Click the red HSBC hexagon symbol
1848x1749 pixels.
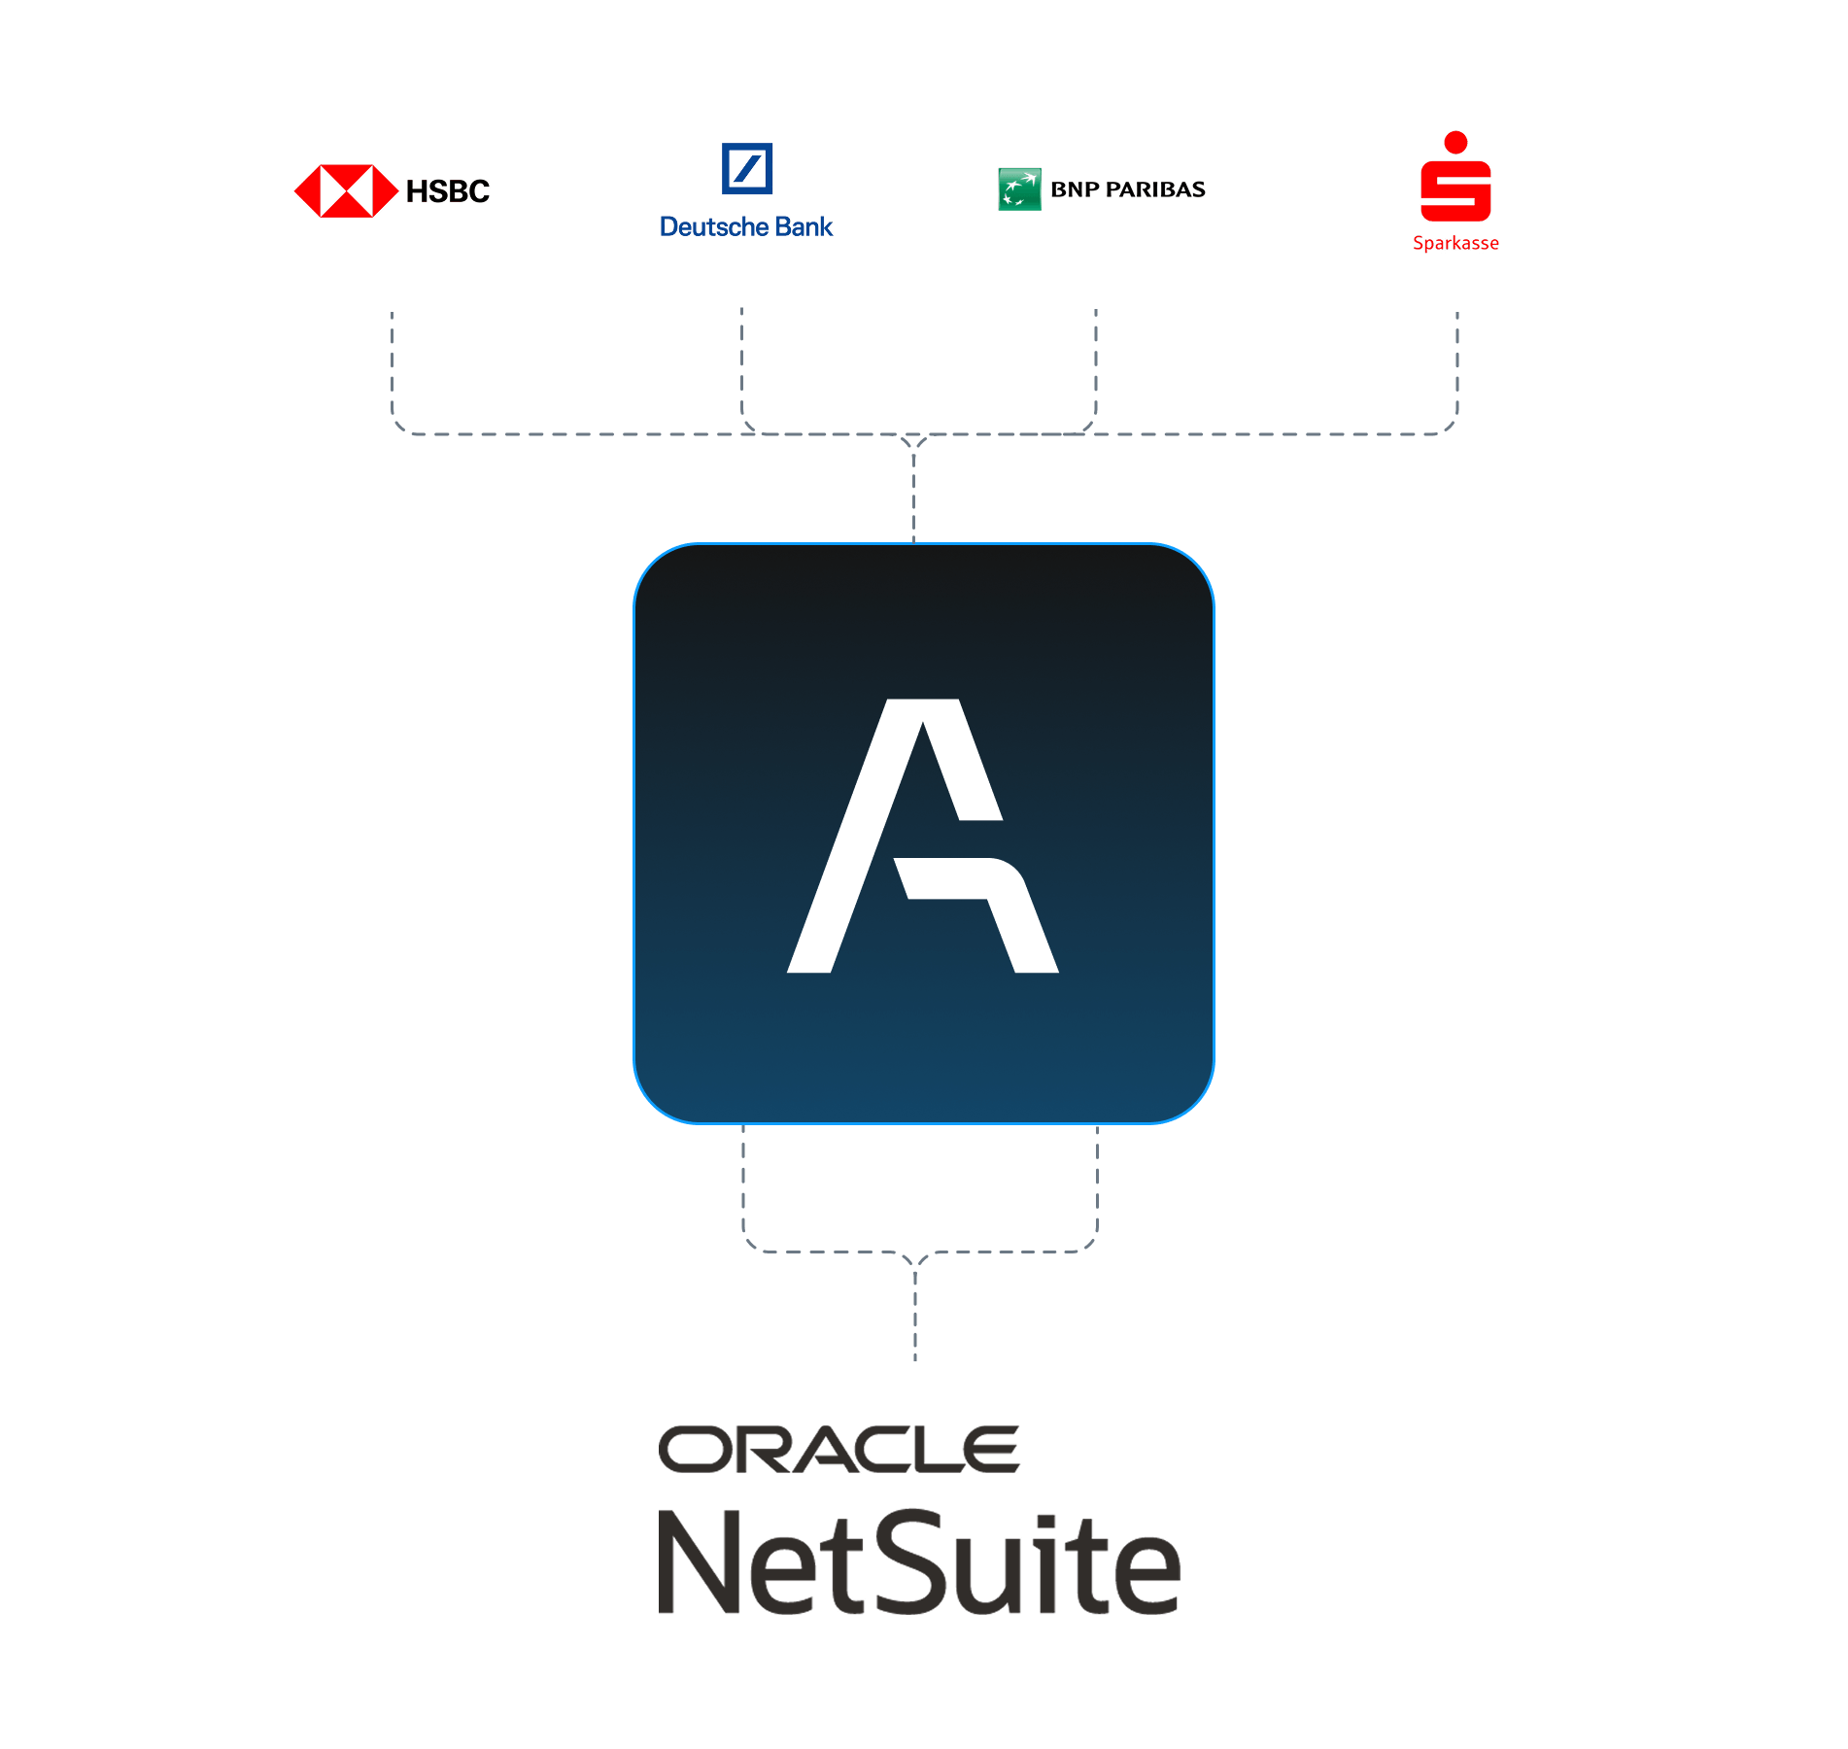pyautogui.click(x=346, y=190)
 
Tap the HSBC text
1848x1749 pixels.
pyautogui.click(x=448, y=191)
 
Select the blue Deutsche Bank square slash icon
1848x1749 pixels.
pyautogui.click(x=746, y=169)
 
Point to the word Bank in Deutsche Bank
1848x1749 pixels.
pyautogui.click(x=804, y=227)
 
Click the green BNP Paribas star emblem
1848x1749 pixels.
pyautogui.click(x=1019, y=189)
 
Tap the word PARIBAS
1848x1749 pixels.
pyautogui.click(x=1155, y=189)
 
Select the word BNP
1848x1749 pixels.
pyautogui.click(x=1075, y=189)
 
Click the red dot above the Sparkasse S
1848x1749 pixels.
pyautogui.click(x=1455, y=142)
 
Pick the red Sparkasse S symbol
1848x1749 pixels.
pyautogui.click(x=1455, y=190)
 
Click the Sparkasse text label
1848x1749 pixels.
pyautogui.click(x=1455, y=243)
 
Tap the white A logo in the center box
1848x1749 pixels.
pyautogui.click(x=922, y=836)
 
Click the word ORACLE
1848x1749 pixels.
pyautogui.click(x=838, y=1450)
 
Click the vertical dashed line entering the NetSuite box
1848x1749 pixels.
pyautogui.click(x=915, y=1312)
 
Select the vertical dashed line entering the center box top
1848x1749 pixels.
pyautogui.click(x=913, y=496)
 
